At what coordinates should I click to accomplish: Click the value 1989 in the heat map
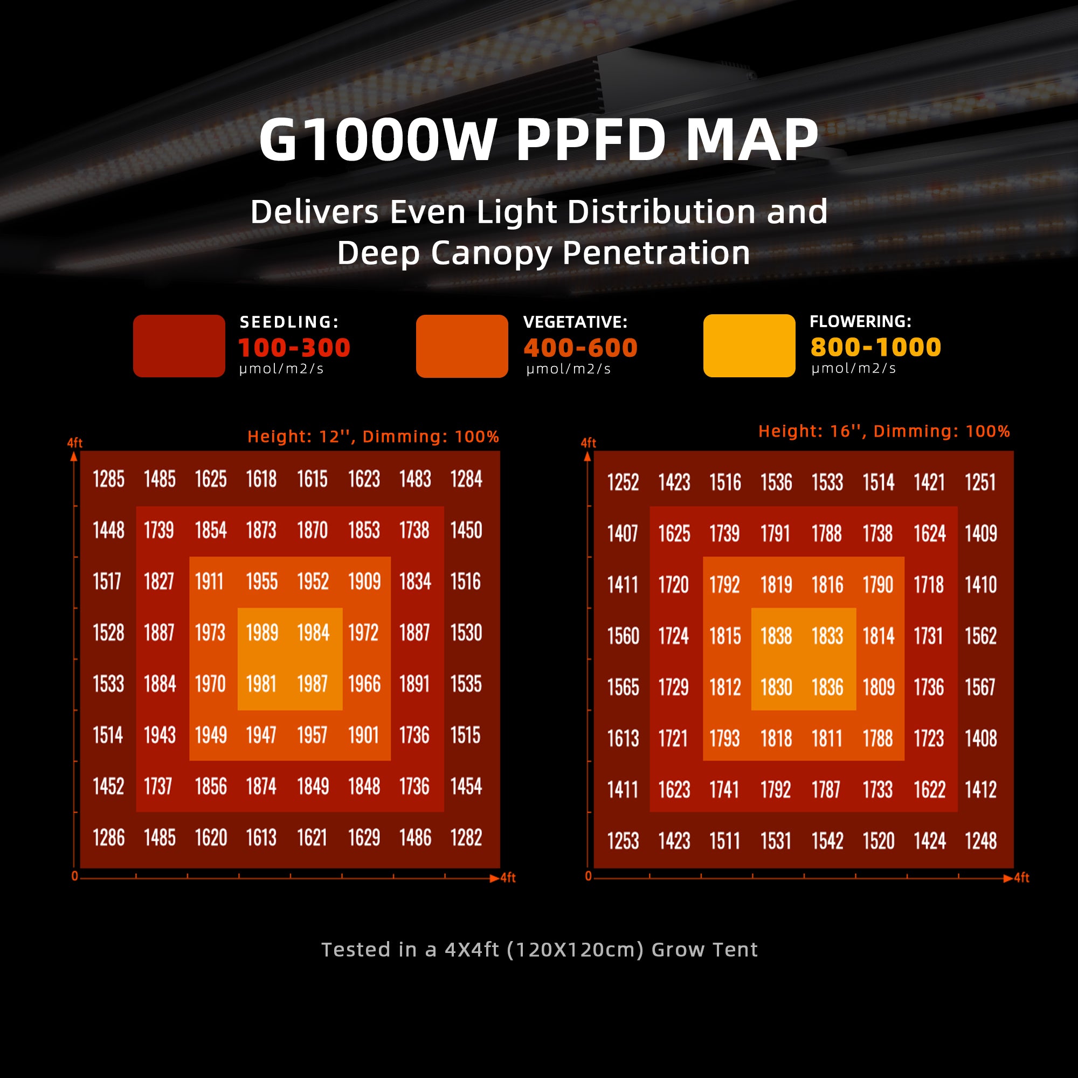pos(262,633)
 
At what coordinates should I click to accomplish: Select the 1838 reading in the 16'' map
pos(776,636)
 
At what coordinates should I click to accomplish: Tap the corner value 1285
pos(109,479)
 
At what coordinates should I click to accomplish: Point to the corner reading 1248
pos(980,841)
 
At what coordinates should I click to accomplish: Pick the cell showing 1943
pos(160,735)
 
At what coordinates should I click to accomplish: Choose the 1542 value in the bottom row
pos(827,841)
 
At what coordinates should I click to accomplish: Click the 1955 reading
pos(262,582)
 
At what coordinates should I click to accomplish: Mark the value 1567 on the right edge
pos(980,687)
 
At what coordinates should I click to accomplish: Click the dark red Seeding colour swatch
pos(179,346)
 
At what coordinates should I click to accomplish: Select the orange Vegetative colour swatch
pos(462,346)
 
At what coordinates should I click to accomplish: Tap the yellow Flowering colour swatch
pos(749,345)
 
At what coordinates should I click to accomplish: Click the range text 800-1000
pos(875,347)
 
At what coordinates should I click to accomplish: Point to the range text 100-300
pos(295,348)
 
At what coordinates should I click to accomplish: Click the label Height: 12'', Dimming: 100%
pos(373,437)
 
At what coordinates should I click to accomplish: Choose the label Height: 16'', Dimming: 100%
pos(884,431)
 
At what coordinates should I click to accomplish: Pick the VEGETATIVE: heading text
pos(575,322)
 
